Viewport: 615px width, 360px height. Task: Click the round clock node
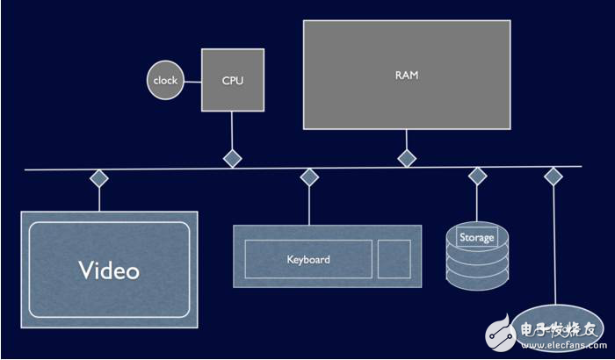(x=164, y=81)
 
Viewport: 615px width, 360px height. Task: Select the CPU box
(x=232, y=80)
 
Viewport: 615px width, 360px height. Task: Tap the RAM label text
(x=406, y=76)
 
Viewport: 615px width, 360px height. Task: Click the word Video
(x=109, y=270)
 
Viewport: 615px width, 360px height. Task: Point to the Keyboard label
(x=308, y=260)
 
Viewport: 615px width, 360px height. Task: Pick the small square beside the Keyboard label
(x=394, y=259)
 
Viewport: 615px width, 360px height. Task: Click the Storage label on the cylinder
(x=477, y=237)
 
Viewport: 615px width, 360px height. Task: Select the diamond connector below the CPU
(x=232, y=158)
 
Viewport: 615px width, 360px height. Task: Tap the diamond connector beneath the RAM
(x=407, y=158)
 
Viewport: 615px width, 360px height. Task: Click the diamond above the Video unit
(x=99, y=178)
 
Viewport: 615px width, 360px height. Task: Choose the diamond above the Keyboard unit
(x=308, y=178)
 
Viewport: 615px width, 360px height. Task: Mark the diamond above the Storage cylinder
(x=477, y=176)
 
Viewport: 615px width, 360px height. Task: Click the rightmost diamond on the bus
(x=553, y=176)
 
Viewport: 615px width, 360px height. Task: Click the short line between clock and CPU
(x=192, y=81)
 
